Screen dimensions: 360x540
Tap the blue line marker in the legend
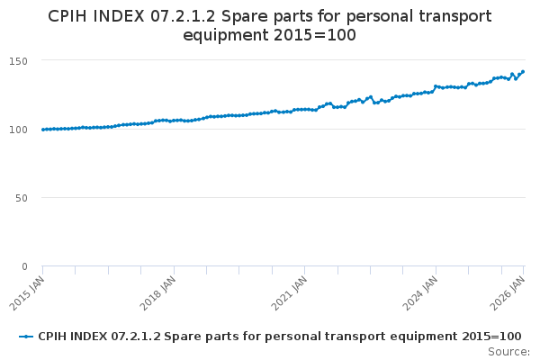(x=27, y=337)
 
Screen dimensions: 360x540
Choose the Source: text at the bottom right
(x=508, y=352)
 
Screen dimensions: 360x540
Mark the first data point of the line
(x=42, y=130)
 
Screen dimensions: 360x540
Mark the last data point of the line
(x=523, y=72)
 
